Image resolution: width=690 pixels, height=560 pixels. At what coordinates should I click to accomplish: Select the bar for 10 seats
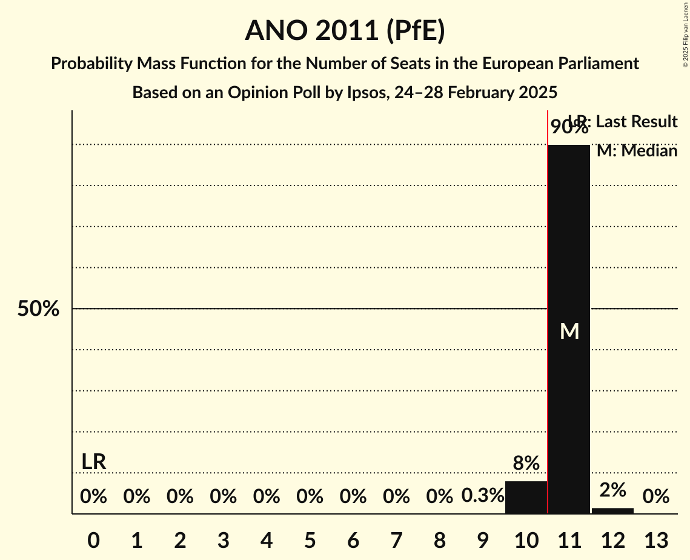click(x=526, y=498)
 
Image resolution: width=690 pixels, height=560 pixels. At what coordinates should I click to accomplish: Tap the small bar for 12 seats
click(x=612, y=510)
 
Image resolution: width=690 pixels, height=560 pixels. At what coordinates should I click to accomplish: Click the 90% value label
click(x=569, y=127)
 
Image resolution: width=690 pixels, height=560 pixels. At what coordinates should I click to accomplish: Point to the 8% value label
click(x=526, y=464)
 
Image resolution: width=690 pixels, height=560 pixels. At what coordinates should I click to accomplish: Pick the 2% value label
click(x=612, y=490)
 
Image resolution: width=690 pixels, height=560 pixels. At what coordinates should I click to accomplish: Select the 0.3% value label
click(x=483, y=496)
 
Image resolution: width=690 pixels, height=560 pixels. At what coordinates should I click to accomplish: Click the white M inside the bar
click(x=569, y=331)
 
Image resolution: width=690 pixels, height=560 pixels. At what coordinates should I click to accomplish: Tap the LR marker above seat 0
click(x=94, y=462)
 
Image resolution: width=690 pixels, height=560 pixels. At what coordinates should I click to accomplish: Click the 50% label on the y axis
click(x=38, y=309)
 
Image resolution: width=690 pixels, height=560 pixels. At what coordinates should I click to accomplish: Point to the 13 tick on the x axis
click(x=655, y=539)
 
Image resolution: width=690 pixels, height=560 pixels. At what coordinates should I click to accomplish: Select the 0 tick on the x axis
click(x=93, y=539)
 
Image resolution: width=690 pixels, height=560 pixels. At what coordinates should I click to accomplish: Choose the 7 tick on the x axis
click(x=396, y=539)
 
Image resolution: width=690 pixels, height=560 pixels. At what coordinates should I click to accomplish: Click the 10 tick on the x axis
click(x=526, y=539)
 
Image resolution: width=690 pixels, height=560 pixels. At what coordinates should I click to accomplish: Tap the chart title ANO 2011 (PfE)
click(x=345, y=31)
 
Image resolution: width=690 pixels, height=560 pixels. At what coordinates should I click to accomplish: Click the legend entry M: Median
click(x=637, y=151)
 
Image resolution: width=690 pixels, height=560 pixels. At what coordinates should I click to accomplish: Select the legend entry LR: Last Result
click(x=630, y=122)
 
